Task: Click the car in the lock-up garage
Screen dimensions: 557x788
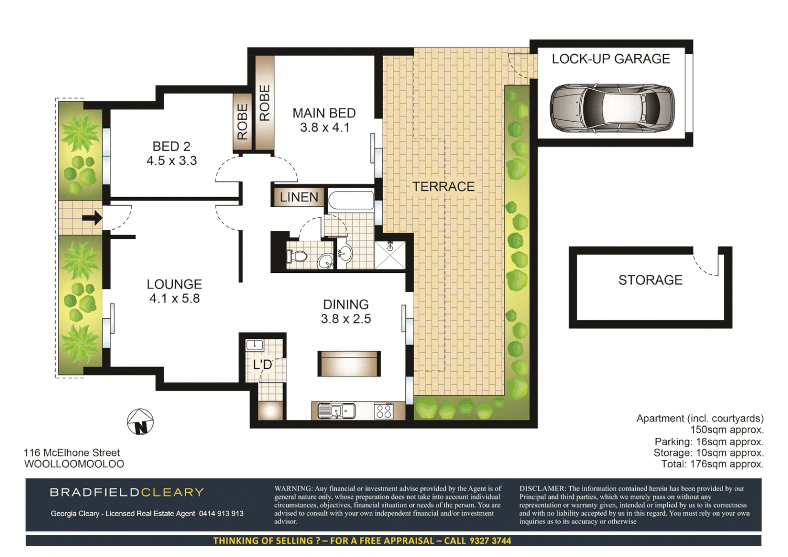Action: click(612, 109)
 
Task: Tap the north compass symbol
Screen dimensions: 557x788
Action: click(140, 422)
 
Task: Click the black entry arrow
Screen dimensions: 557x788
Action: click(92, 218)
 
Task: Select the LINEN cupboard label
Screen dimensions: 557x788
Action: click(299, 197)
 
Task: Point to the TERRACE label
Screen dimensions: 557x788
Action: click(443, 187)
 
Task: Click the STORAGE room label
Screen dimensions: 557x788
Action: click(650, 280)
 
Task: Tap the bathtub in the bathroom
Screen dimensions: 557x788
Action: click(351, 201)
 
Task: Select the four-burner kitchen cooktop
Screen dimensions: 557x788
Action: click(383, 411)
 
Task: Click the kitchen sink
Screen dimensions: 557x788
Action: click(336, 411)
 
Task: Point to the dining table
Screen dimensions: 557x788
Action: click(349, 364)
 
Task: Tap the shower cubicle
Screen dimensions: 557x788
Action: click(390, 255)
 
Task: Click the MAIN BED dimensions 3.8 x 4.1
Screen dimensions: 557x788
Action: click(325, 127)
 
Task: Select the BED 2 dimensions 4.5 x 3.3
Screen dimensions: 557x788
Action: click(172, 161)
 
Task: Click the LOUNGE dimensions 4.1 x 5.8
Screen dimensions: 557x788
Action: click(174, 299)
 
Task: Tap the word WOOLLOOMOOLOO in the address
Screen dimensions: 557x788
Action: click(74, 464)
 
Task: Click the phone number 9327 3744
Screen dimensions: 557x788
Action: click(490, 540)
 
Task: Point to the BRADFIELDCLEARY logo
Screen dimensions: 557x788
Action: click(127, 493)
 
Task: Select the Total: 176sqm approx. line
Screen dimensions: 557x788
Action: click(712, 464)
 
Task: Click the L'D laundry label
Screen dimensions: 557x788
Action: click(262, 365)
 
